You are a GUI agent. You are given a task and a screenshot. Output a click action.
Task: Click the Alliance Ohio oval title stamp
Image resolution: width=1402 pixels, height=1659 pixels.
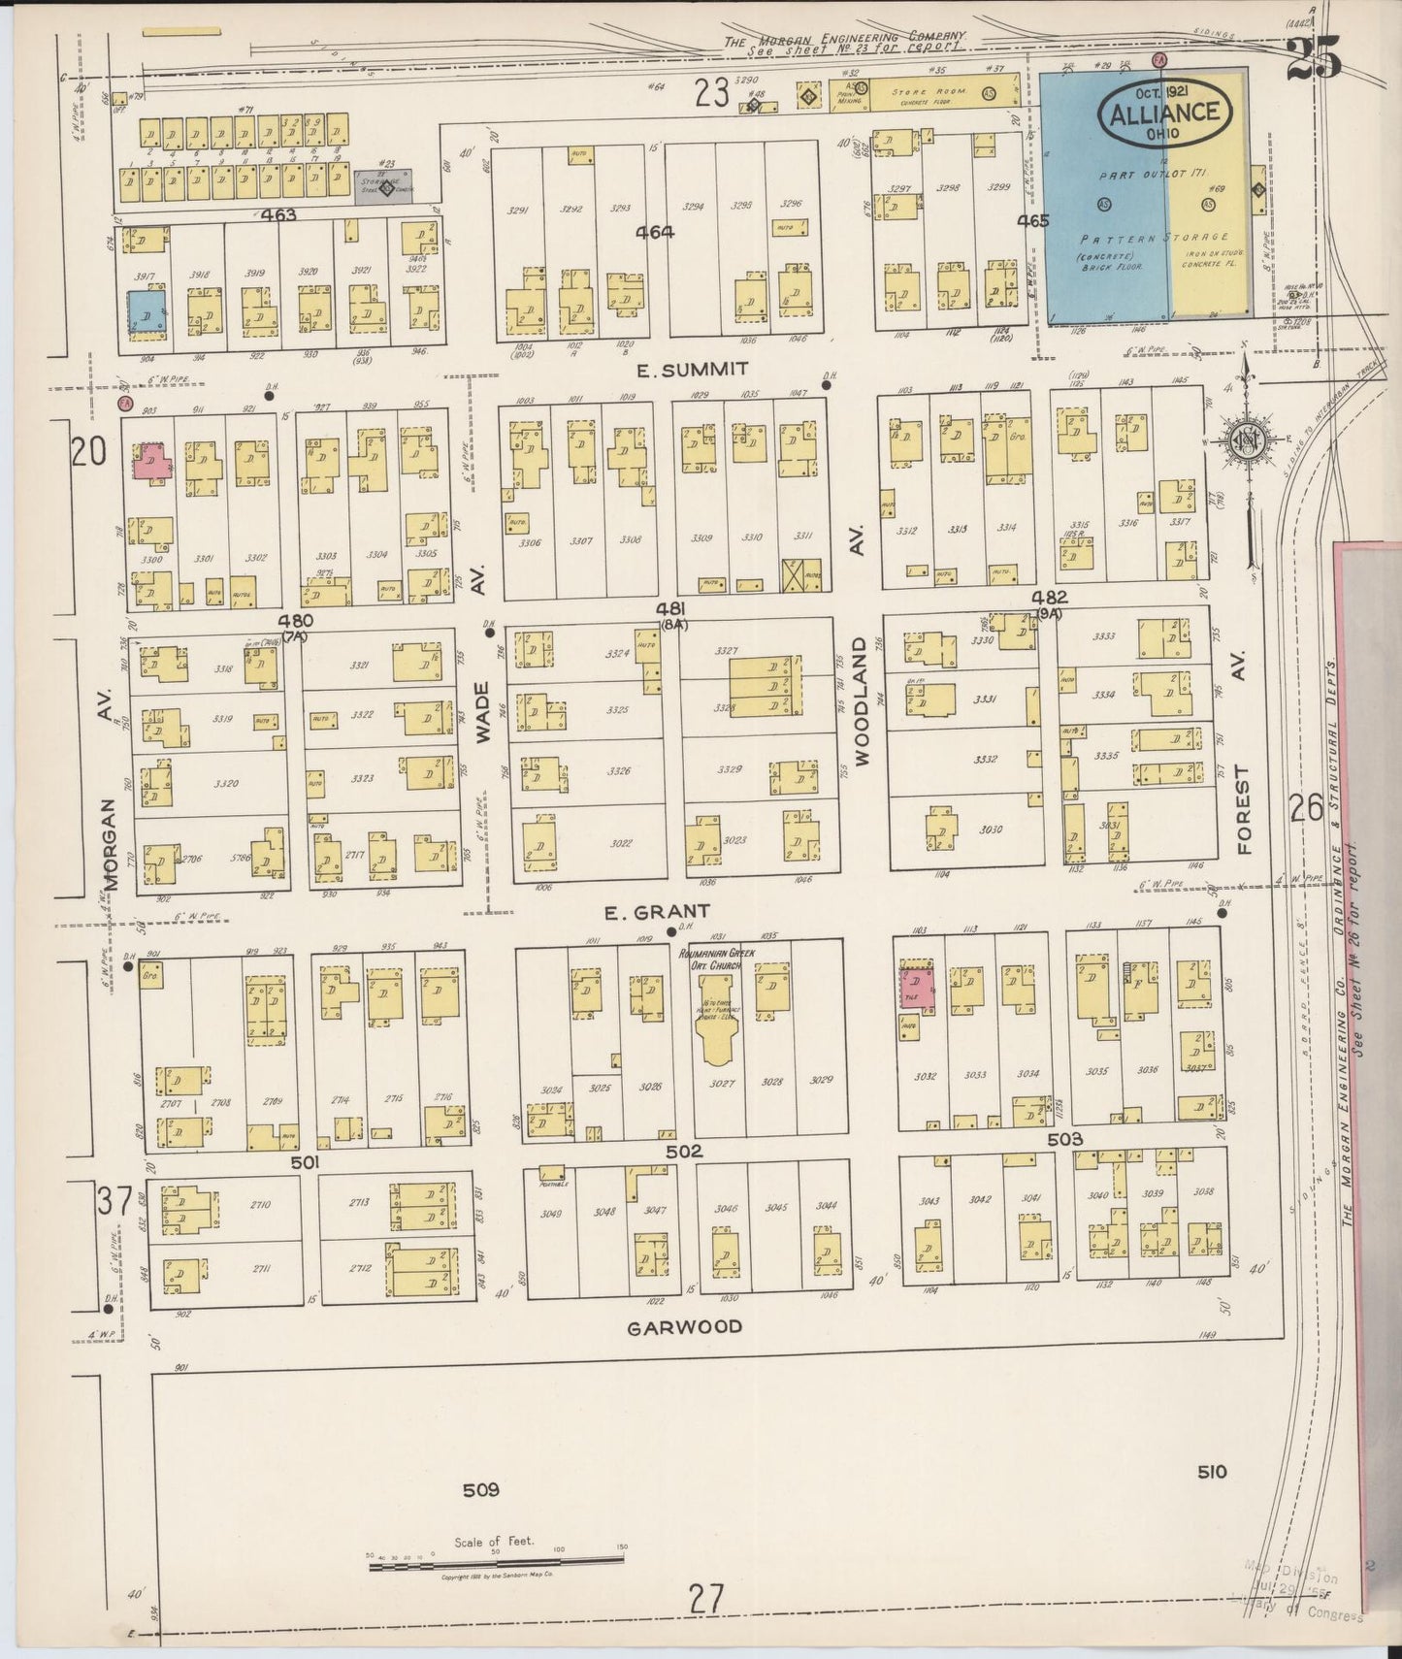[1165, 113]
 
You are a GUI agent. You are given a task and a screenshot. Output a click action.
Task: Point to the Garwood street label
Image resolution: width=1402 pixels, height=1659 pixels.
[684, 1326]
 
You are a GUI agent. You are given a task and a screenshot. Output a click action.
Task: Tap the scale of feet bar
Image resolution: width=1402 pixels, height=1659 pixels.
[496, 1560]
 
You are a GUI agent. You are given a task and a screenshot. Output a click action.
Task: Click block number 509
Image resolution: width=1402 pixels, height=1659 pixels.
[480, 1489]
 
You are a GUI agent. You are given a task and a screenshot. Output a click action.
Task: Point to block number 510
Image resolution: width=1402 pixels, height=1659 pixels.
[1211, 1472]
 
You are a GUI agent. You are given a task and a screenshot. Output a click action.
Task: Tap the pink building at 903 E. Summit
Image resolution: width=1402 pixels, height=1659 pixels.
[151, 460]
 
